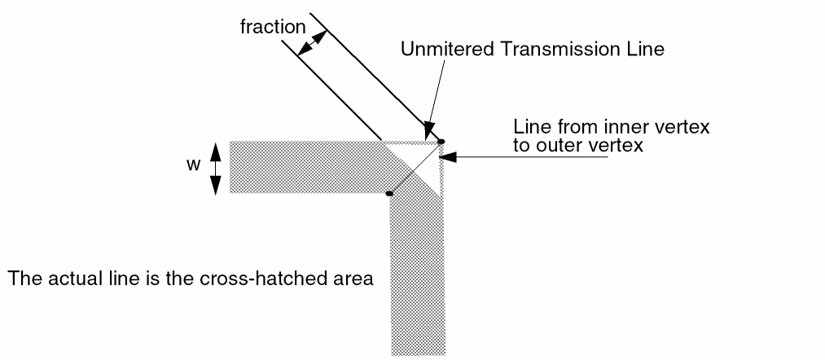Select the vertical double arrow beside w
[216, 169]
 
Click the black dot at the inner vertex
[389, 194]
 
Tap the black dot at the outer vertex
[441, 143]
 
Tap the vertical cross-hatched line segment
[416, 277]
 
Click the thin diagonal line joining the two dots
[415, 168]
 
